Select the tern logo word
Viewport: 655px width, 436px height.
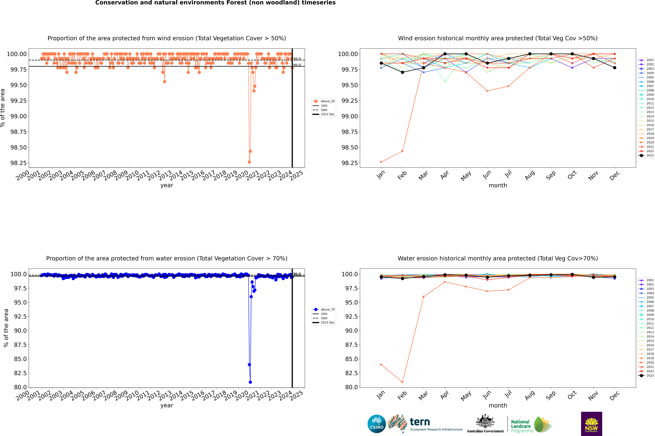pyautogui.click(x=420, y=422)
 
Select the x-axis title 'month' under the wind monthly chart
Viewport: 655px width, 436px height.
pyautogui.click(x=498, y=185)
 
